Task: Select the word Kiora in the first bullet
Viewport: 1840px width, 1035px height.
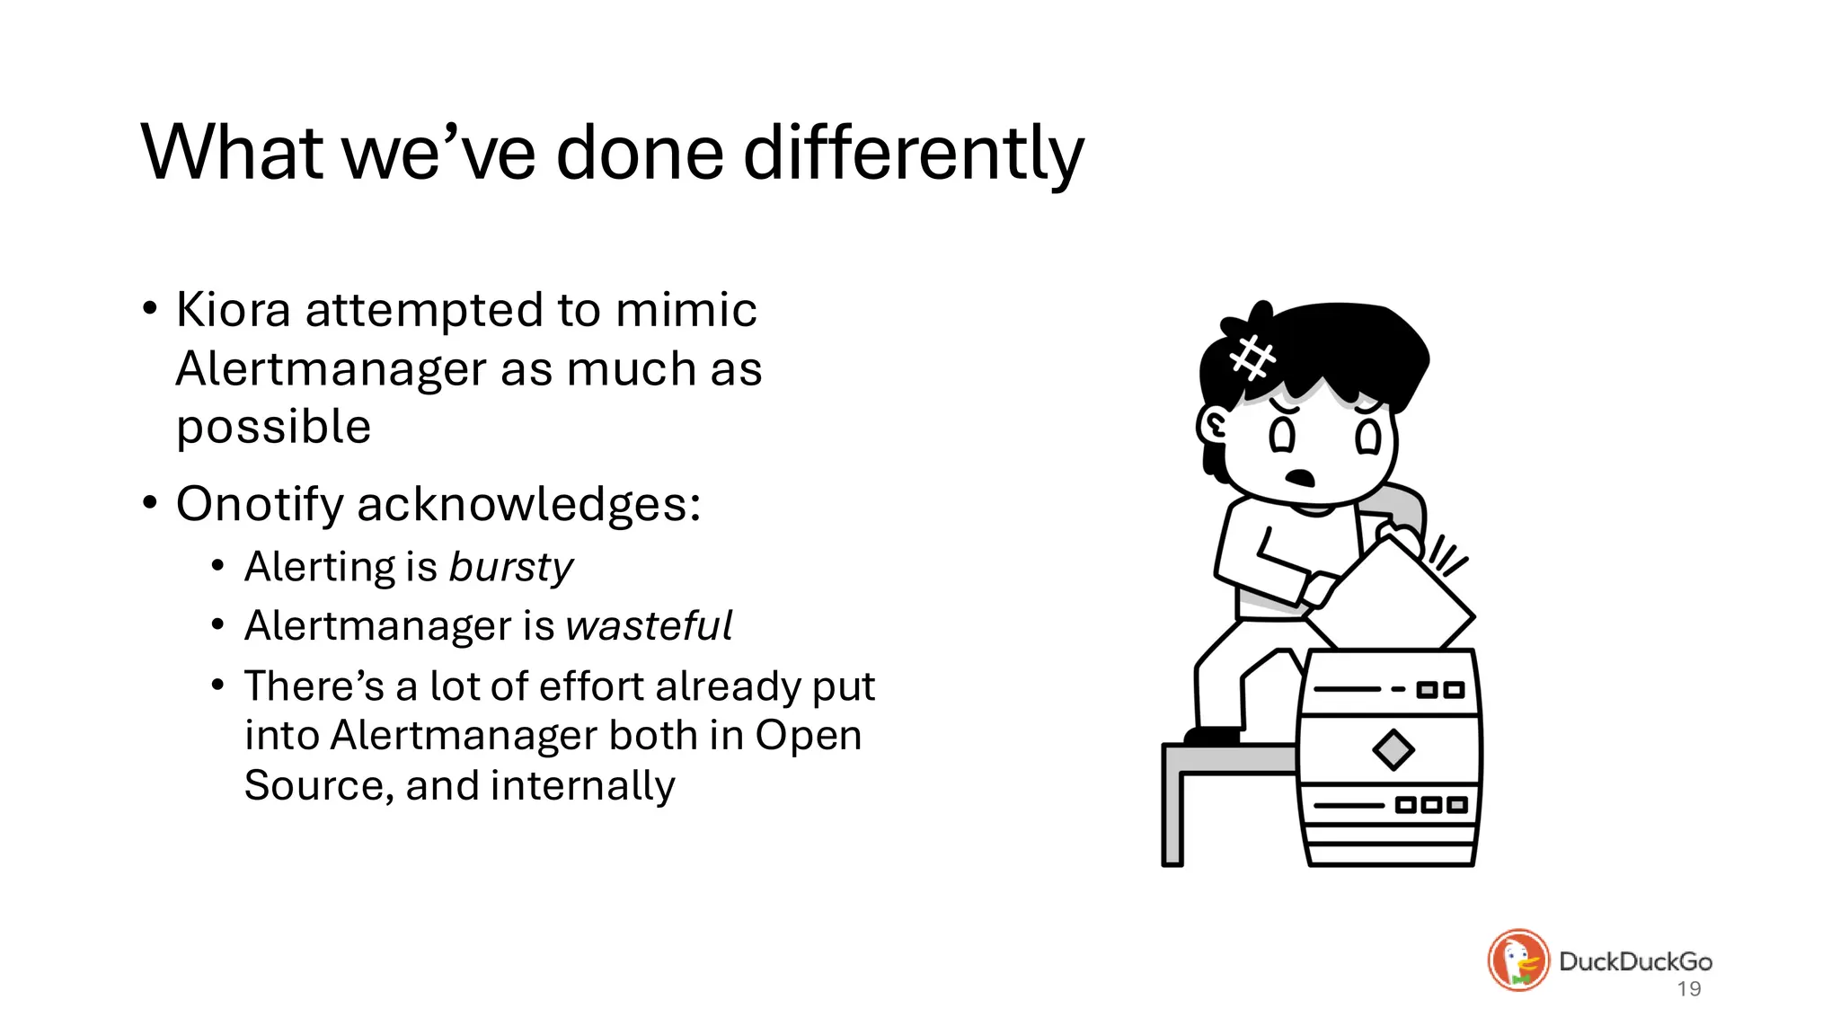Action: pos(233,310)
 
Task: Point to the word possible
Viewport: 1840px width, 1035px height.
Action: pos(273,428)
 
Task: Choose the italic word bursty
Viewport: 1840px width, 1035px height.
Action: pos(510,568)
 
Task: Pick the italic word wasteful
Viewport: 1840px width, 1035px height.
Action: pos(649,626)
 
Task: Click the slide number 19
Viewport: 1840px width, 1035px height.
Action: pos(1689,989)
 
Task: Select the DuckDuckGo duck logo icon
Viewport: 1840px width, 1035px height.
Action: pos(1518,960)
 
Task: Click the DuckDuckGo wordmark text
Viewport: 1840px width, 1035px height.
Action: pos(1635,961)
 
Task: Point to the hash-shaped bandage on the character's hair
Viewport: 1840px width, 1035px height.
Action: pos(1252,358)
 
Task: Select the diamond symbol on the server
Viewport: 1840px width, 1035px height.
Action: pos(1393,749)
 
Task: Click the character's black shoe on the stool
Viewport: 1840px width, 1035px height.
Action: pos(1212,736)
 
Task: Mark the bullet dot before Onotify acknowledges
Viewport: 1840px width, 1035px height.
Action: pos(150,502)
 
